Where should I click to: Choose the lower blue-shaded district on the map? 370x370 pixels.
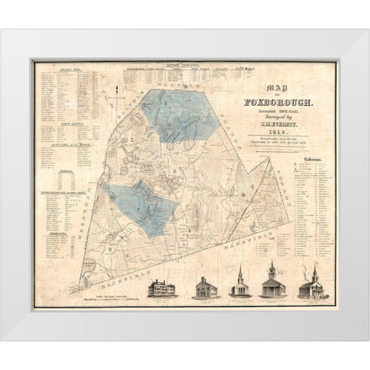click(x=139, y=208)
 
